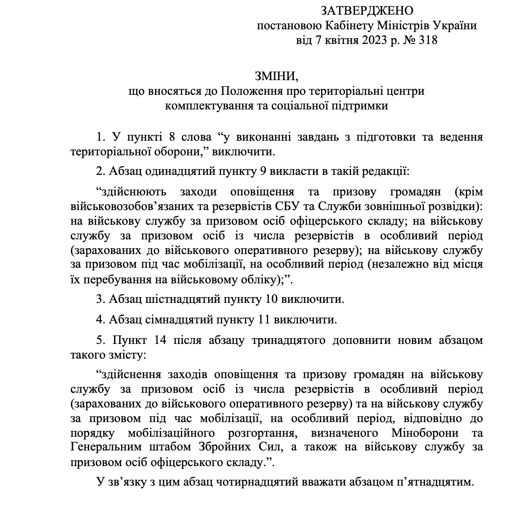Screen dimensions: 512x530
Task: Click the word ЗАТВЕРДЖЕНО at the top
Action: [367, 10]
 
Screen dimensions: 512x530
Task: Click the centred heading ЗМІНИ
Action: [276, 76]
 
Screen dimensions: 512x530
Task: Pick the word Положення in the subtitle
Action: [245, 91]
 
